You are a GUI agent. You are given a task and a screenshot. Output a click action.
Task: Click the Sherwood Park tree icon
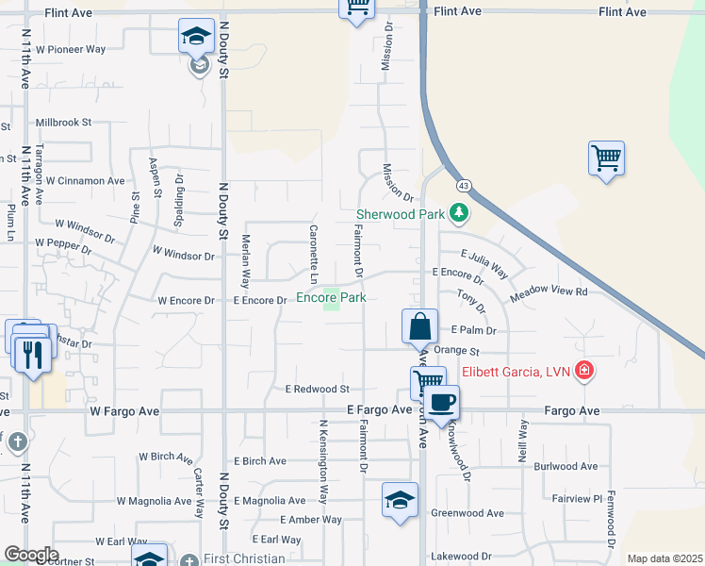tap(459, 212)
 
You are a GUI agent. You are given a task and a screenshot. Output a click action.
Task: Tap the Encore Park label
tap(331, 297)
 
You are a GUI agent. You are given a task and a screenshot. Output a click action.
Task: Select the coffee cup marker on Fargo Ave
tap(441, 403)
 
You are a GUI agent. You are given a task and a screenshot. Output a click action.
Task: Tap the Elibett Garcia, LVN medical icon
tap(585, 370)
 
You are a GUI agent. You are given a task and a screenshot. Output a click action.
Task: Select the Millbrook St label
tap(63, 123)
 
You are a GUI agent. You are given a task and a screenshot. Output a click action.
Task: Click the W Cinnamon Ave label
tap(85, 180)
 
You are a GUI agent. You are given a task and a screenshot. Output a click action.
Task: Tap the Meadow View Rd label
tap(549, 292)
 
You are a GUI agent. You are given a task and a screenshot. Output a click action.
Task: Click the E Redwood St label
tap(317, 389)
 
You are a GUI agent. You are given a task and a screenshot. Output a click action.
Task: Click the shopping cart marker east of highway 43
tap(606, 158)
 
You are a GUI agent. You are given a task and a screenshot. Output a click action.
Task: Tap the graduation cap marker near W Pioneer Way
tap(197, 39)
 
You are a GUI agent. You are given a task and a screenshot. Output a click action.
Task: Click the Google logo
tap(30, 555)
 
